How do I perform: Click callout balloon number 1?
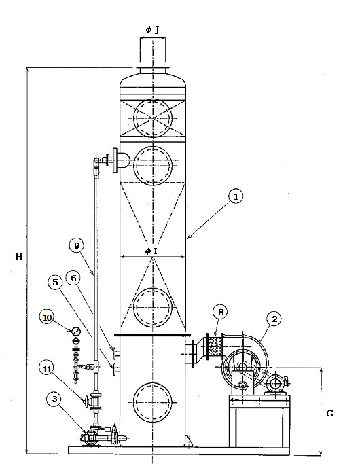(236, 196)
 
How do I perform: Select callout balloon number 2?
(274, 319)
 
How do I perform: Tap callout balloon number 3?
(54, 399)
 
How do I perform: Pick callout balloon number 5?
(55, 283)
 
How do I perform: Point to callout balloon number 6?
(73, 278)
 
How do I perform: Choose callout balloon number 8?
(220, 312)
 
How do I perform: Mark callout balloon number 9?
(77, 246)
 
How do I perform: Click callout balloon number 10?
(48, 317)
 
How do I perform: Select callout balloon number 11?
(47, 369)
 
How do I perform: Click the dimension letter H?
(19, 256)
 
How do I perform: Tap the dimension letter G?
(330, 414)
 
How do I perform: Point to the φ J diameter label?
(153, 30)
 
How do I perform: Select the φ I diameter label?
(151, 251)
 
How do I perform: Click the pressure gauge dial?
(75, 331)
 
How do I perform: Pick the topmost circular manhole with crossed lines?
(153, 118)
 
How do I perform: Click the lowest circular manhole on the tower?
(153, 402)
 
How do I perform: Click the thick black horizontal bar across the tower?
(152, 335)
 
